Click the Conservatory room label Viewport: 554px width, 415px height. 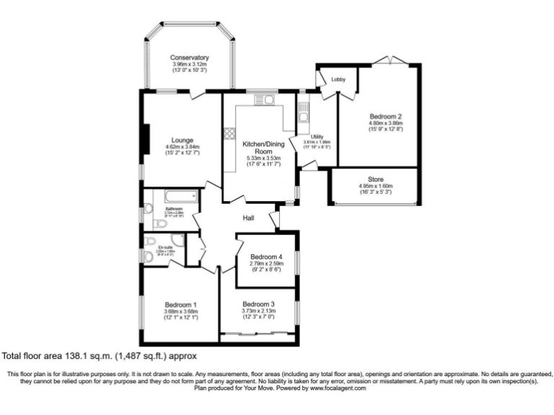point(189,58)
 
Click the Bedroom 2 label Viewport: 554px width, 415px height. point(384,116)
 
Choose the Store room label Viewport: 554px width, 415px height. point(375,179)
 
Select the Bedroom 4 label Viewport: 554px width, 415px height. point(266,257)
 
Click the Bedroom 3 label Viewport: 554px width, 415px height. point(258,303)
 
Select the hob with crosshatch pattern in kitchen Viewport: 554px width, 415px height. point(230,133)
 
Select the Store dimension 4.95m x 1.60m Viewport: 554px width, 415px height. point(375,186)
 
